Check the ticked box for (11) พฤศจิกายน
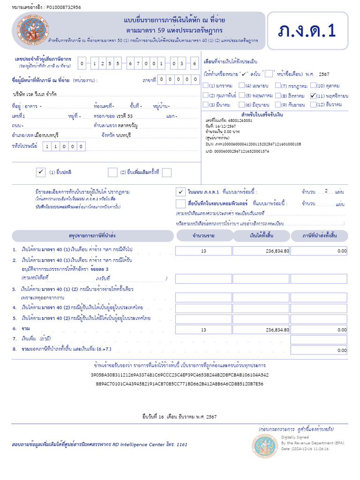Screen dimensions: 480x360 314,96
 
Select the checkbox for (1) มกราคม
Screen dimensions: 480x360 206,86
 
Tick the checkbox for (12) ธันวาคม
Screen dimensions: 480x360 314,105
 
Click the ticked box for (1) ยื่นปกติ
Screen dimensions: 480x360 40,172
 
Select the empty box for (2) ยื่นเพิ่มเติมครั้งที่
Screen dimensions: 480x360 112,172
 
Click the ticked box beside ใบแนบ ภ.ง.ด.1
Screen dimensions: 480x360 180,192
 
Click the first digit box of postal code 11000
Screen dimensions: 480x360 47,147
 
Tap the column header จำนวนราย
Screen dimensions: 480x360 203,235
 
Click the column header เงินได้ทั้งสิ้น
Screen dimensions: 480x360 262,235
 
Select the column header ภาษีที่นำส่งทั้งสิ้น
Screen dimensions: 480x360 319,235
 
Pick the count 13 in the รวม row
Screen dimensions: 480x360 203,330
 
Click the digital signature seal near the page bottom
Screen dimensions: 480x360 264,446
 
